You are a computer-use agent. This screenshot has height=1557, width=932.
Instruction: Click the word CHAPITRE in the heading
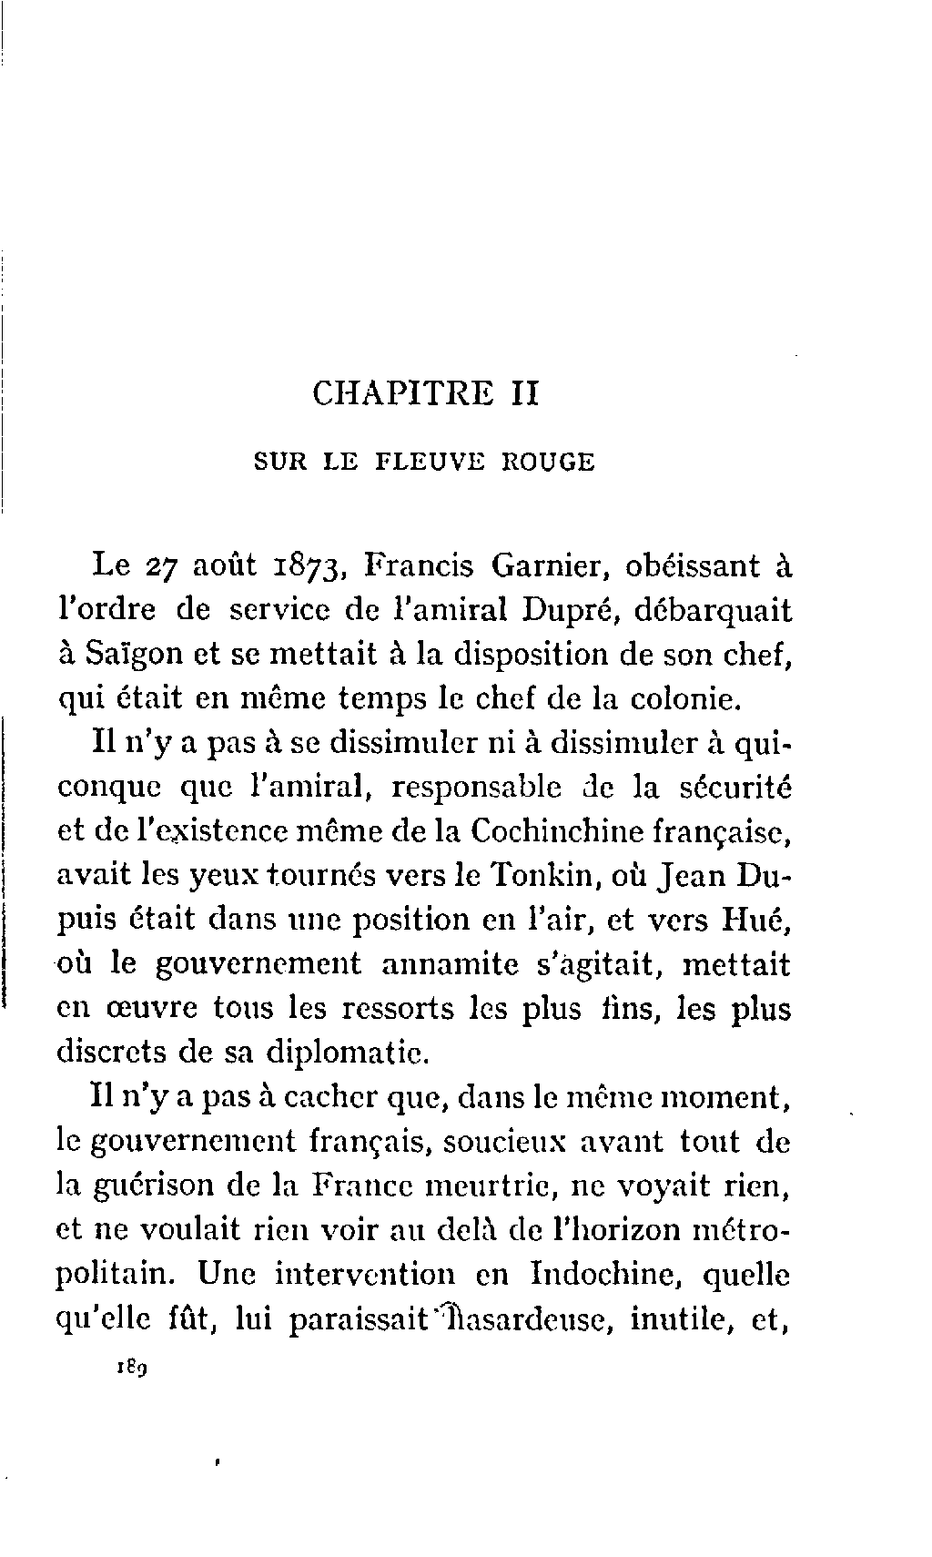pyautogui.click(x=401, y=394)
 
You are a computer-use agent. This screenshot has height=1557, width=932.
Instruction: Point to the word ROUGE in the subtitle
pyautogui.click(x=549, y=463)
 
